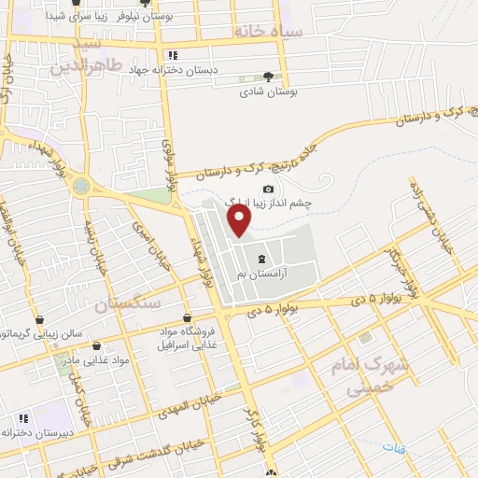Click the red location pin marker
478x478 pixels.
[x=240, y=220]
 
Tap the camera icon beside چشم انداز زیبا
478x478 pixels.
[x=268, y=189]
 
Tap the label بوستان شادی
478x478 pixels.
[x=266, y=92]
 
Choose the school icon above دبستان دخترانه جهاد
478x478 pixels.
[x=173, y=55]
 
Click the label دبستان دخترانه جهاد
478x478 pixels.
[x=211, y=70]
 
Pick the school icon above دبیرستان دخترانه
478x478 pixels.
[x=22, y=418]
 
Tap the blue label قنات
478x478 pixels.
[x=407, y=450]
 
